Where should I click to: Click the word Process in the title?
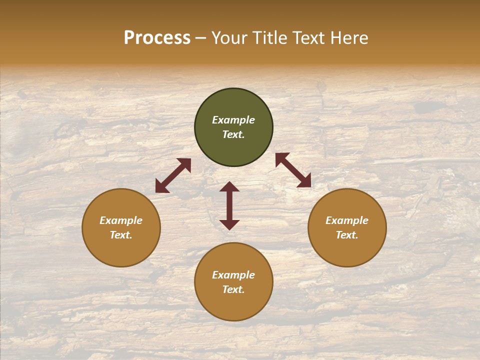coord(157,38)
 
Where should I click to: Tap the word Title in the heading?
coord(269,38)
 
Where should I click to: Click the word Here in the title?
coord(348,38)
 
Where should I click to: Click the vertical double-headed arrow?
coord(229,205)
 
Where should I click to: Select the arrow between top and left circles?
coord(173,175)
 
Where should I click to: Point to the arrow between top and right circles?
coord(293,170)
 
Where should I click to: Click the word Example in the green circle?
coord(233,120)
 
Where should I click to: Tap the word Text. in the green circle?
coord(233,134)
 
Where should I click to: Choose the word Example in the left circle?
coord(121,220)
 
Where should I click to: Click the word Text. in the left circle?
coord(121,235)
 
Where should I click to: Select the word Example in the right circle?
coord(347,220)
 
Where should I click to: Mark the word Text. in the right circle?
coord(347,235)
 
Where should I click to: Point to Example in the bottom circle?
coord(233,275)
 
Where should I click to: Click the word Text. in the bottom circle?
coord(233,289)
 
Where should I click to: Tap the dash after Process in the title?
coord(200,38)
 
